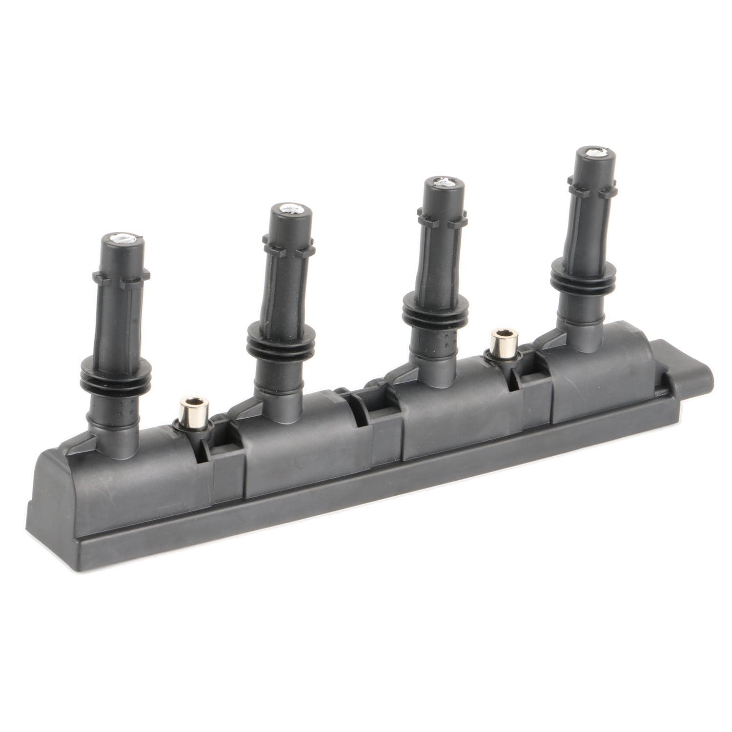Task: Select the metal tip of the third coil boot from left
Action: tap(444, 183)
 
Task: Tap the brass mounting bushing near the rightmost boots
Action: tap(501, 338)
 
